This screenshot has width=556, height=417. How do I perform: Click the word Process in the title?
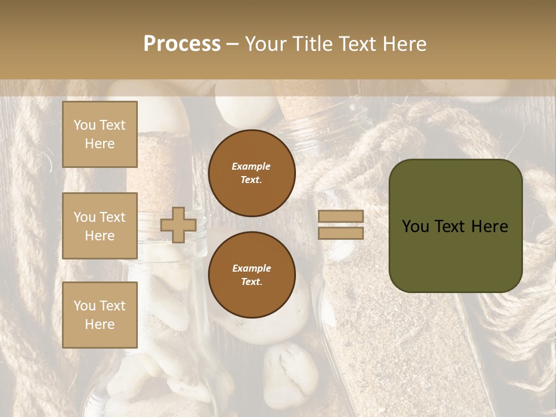[182, 44]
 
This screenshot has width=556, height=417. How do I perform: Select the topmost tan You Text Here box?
[100, 134]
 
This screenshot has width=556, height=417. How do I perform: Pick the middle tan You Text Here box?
[100, 226]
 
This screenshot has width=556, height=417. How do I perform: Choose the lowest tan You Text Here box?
[100, 315]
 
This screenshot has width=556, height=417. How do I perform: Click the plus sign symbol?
[178, 225]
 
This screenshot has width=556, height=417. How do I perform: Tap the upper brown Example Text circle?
[251, 173]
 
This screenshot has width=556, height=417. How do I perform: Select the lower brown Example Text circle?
[251, 275]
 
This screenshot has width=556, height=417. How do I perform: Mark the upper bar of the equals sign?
[341, 217]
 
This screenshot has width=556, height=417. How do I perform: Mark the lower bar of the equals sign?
[341, 233]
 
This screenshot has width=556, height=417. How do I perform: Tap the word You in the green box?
[415, 226]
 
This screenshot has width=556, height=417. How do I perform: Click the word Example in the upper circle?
[251, 166]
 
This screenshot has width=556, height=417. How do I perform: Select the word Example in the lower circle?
[251, 268]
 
